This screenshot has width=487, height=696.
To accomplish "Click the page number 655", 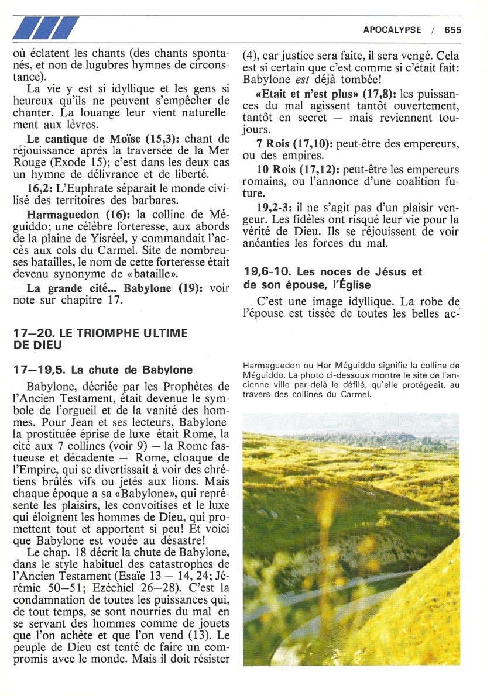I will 452,30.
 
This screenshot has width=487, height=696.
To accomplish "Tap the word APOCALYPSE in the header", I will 392,30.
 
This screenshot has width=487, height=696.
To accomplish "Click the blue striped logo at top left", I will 45,28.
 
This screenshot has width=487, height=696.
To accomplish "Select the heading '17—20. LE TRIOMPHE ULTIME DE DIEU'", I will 100,339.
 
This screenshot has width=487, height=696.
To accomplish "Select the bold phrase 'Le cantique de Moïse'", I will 71,139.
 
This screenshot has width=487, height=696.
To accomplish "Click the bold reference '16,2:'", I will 40,188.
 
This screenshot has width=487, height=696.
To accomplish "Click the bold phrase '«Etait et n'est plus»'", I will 300,94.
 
